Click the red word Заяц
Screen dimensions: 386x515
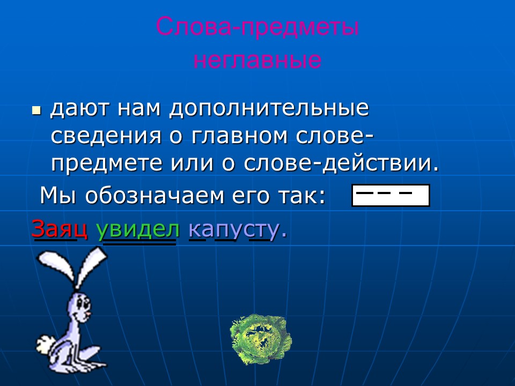pos(59,229)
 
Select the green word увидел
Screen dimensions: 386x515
pos(138,229)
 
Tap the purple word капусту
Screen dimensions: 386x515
pos(234,229)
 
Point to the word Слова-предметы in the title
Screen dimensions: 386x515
pos(257,27)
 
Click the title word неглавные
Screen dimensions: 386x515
pos(257,60)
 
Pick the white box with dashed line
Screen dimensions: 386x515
pos(391,195)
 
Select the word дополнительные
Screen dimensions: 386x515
pos(269,109)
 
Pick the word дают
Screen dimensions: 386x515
pos(78,109)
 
